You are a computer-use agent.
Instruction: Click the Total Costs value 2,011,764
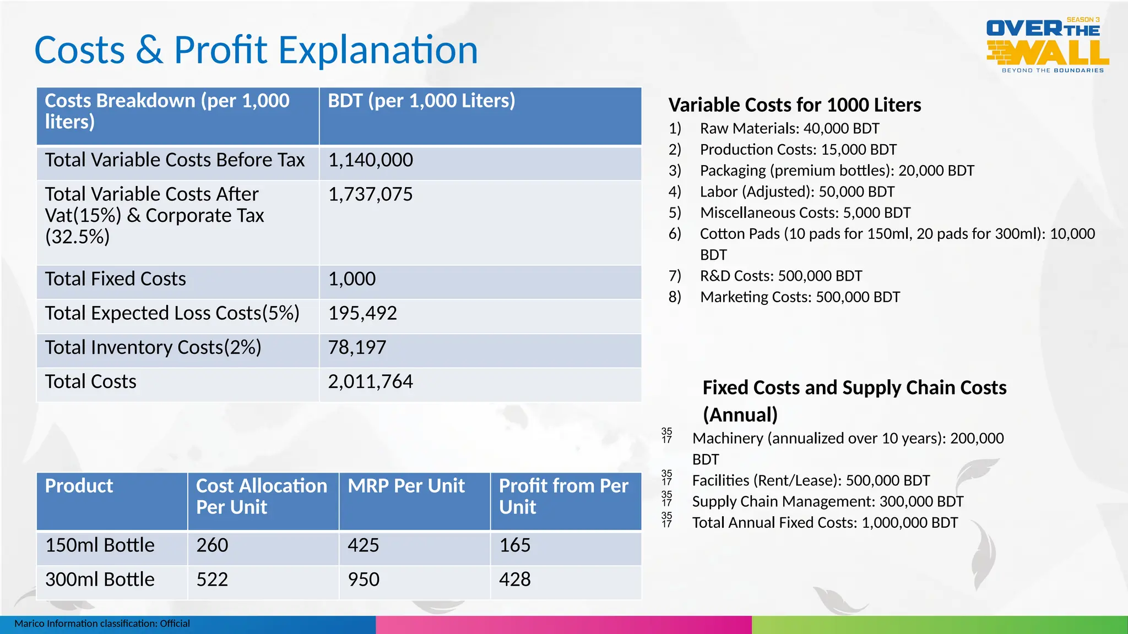tap(370, 382)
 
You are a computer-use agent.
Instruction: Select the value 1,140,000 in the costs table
tap(370, 160)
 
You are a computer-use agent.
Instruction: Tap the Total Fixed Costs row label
tap(116, 279)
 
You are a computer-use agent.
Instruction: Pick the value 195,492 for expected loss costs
tap(362, 313)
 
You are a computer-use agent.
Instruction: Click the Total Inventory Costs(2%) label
tap(153, 348)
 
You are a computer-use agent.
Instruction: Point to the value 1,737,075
tap(370, 194)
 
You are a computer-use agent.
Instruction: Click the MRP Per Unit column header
tap(406, 486)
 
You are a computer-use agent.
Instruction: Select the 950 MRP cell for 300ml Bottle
tap(364, 580)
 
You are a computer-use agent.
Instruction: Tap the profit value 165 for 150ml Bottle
tap(514, 545)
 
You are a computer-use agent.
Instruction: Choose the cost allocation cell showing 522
tap(212, 580)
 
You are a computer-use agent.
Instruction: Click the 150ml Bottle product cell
tap(100, 545)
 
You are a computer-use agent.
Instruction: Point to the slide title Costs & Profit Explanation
tap(256, 50)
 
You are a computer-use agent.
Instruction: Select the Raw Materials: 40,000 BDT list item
tap(789, 129)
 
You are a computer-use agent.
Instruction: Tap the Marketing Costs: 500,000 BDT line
tap(800, 297)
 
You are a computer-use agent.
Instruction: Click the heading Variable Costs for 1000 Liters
tap(794, 105)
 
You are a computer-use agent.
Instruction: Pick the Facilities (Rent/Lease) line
tap(811, 481)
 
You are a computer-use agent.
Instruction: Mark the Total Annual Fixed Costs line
tap(825, 523)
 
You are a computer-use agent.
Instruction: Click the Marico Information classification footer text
tap(102, 624)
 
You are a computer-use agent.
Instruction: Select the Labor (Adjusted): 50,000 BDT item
tap(797, 192)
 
